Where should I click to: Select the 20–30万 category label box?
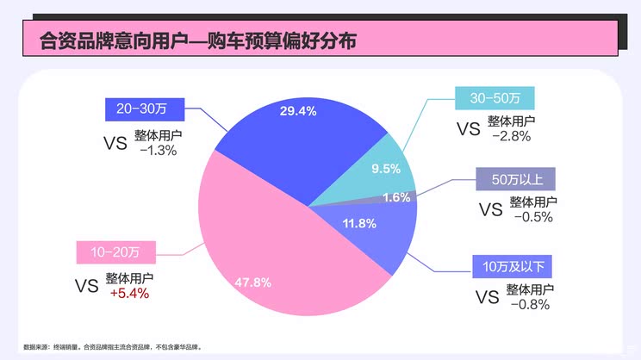[x=140, y=109]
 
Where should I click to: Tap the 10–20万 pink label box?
[x=115, y=252]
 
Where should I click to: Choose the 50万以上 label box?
[x=517, y=180]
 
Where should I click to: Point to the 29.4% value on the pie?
[x=298, y=111]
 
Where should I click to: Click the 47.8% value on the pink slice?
[x=253, y=282]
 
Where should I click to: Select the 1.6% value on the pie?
[x=395, y=197]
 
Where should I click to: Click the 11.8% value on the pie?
[x=359, y=224]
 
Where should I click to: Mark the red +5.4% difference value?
[x=129, y=293]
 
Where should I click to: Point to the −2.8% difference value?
[x=511, y=136]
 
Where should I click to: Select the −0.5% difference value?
[x=532, y=217]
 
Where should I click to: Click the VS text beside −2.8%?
[x=468, y=129]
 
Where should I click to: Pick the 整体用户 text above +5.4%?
[x=130, y=278]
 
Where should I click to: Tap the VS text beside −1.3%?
[x=115, y=143]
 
